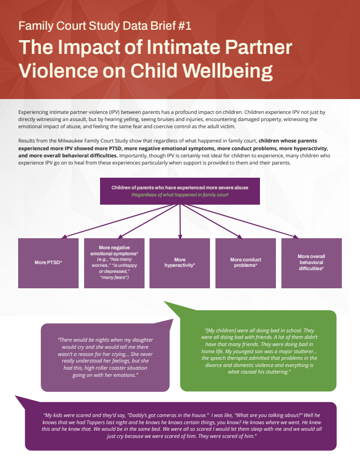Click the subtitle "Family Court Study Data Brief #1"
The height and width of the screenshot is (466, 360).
(105, 26)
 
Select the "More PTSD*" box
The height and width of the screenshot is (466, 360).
(48, 262)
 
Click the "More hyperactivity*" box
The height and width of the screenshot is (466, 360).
(180, 262)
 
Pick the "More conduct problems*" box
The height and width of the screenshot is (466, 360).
(246, 262)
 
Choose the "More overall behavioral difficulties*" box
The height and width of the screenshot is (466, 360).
(311, 262)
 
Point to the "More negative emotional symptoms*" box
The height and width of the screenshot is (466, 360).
(114, 262)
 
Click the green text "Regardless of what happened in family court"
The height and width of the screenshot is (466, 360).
(180, 195)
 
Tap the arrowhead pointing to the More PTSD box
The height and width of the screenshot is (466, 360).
(64, 237)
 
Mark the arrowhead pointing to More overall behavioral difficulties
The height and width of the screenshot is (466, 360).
(296, 237)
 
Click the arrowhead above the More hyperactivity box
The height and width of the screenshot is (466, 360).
(180, 236)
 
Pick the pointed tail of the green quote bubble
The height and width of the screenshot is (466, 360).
(167, 304)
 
